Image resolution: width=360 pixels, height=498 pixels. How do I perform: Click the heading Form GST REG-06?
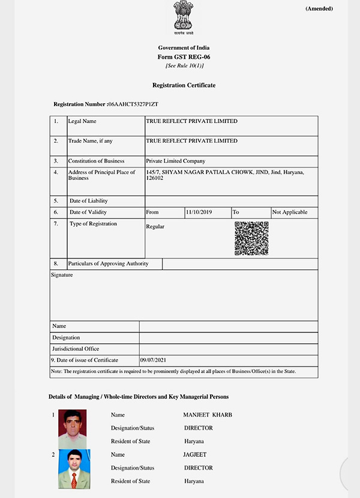pos(184,56)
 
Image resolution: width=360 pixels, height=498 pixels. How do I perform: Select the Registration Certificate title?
pos(184,85)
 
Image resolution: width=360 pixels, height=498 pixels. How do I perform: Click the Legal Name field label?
pos(82,121)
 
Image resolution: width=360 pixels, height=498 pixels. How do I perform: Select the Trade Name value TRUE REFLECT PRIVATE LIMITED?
pos(191,141)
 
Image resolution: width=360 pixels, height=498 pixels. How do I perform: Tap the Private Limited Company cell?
pos(176,161)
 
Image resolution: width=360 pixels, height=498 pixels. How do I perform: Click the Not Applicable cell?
pos(290,212)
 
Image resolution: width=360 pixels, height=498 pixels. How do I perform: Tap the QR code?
pos(251,238)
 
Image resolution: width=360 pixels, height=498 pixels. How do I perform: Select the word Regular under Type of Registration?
pos(155,227)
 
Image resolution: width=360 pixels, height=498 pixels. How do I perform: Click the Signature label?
pos(62,275)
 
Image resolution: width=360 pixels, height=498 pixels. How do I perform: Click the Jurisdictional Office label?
pos(76,349)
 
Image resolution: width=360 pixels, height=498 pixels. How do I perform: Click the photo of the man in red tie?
pos(74,469)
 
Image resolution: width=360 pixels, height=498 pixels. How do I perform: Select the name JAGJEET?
pos(194,455)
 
